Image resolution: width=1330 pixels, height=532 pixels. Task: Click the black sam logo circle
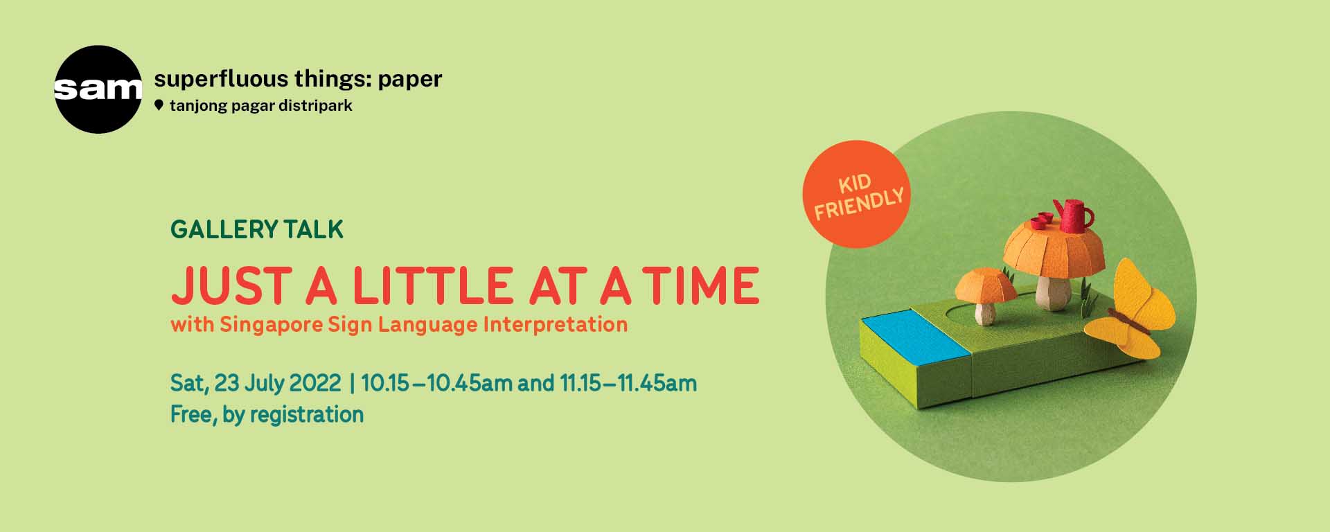coord(98,89)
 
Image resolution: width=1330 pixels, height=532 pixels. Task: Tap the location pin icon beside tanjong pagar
coord(159,105)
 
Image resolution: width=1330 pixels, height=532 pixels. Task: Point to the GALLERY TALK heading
coord(257,229)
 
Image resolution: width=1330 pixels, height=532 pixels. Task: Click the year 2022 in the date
coord(314,383)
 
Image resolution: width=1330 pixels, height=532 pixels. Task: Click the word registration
coord(306,414)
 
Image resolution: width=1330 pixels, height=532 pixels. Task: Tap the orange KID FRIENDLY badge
coord(857,195)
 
